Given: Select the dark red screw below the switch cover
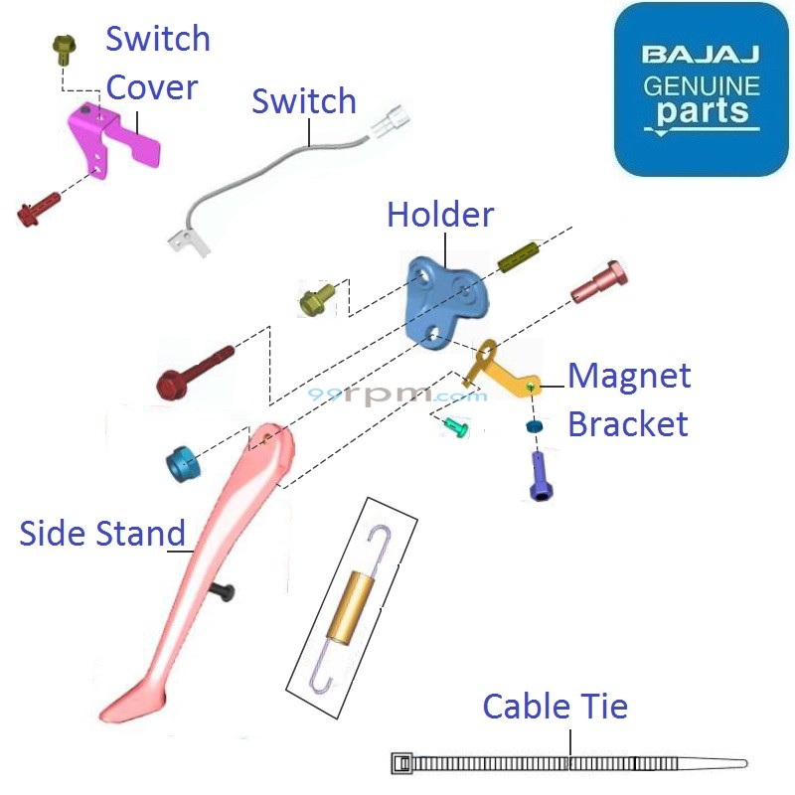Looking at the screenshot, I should click(x=39, y=209).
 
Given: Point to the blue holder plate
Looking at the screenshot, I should click(x=445, y=299).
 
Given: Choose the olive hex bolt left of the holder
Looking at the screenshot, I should click(x=318, y=297).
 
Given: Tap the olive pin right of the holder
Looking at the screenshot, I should click(x=516, y=261).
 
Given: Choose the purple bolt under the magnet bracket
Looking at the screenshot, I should click(x=538, y=474).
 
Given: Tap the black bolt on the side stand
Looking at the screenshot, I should click(x=224, y=592).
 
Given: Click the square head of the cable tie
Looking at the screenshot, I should click(x=401, y=763).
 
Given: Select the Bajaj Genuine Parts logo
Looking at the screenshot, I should click(x=701, y=89).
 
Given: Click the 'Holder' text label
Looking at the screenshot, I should click(x=440, y=214).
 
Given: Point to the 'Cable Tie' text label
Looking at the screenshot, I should click(x=555, y=708).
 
